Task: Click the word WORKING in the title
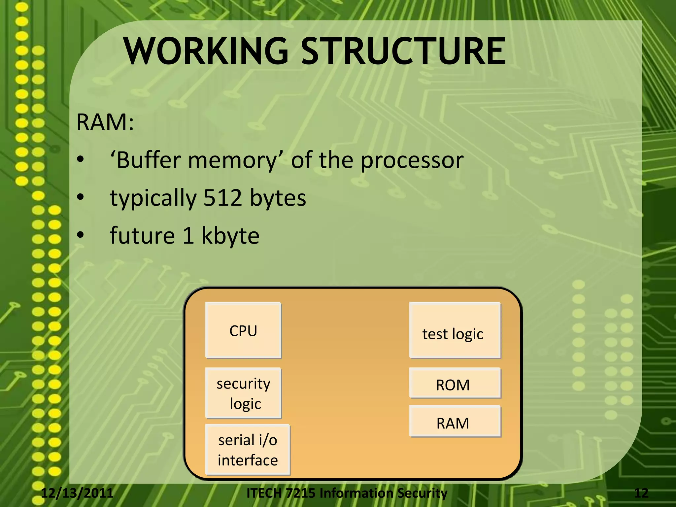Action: (x=206, y=51)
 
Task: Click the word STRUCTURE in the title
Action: (x=403, y=51)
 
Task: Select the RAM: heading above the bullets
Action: (x=105, y=122)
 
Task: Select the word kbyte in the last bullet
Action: (x=230, y=236)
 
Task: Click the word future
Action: (x=142, y=236)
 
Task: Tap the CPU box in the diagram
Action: (x=243, y=330)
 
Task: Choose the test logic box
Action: (x=455, y=330)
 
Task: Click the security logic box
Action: (x=243, y=393)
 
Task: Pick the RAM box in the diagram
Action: (x=455, y=422)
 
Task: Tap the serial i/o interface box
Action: (x=247, y=450)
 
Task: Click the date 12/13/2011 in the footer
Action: (x=77, y=493)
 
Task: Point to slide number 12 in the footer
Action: (x=641, y=493)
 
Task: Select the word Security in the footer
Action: (x=422, y=493)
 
